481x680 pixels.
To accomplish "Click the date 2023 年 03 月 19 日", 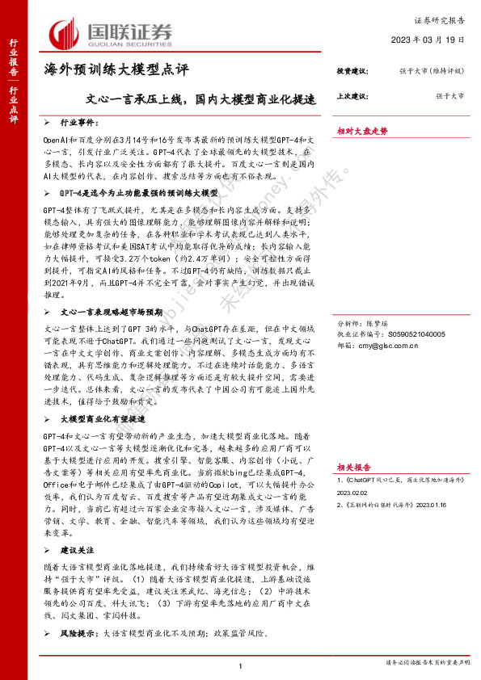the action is coord(428,40).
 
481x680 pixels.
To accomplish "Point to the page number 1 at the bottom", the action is coord(241,665).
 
